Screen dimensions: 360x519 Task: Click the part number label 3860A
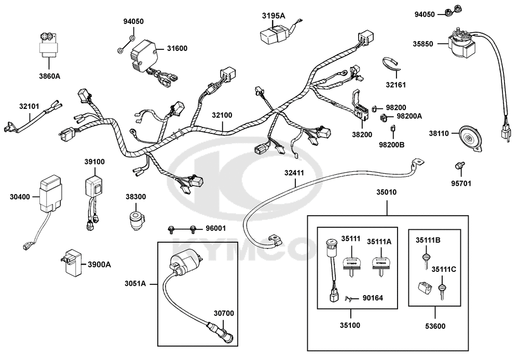[50, 76]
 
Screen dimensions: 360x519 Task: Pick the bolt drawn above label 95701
[458, 165]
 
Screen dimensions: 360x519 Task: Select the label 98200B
[392, 144]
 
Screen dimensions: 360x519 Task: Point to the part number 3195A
[274, 16]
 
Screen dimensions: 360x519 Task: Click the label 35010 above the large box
[387, 192]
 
